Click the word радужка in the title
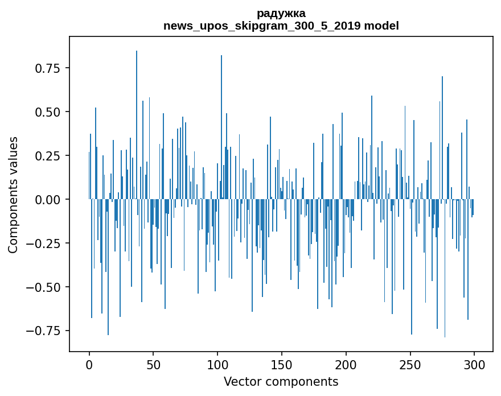(281, 14)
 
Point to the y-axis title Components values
(13, 195)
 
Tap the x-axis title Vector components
(281, 382)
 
